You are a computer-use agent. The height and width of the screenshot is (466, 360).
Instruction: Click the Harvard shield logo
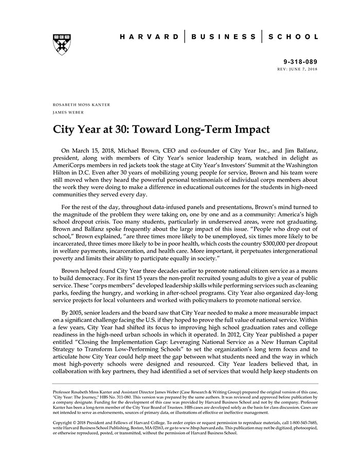pyautogui.click(x=62, y=44)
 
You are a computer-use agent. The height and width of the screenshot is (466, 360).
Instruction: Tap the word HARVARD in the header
pyautogui.click(x=149, y=37)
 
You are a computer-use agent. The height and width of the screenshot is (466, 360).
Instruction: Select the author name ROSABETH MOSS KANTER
pyautogui.click(x=81, y=104)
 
